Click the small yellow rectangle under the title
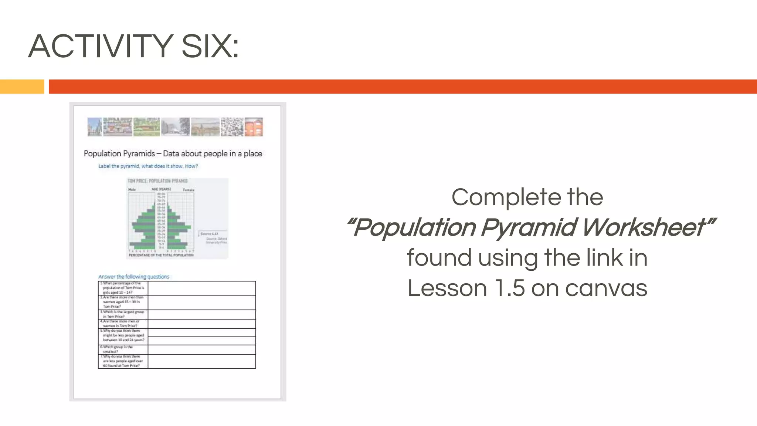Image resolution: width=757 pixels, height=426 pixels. pyautogui.click(x=22, y=87)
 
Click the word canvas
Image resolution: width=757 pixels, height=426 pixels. pyautogui.click(x=606, y=288)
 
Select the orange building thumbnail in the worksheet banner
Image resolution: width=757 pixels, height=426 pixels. pyautogui.click(x=254, y=127)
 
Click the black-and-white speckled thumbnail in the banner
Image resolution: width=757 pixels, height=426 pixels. pyautogui.click(x=232, y=127)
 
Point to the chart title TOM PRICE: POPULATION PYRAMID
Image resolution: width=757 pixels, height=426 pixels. pyautogui.click(x=157, y=181)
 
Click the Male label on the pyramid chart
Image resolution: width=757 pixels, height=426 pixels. pyautogui.click(x=132, y=190)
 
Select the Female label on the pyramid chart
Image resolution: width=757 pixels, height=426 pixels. pyautogui.click(x=189, y=190)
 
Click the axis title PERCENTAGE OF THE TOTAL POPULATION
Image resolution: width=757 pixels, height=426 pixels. pyautogui.click(x=161, y=255)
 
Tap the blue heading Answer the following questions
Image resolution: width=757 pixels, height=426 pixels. pyautogui.click(x=133, y=277)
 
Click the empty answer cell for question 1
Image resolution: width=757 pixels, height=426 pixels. pyautogui.click(x=201, y=288)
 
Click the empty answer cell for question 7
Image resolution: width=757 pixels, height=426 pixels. pyautogui.click(x=201, y=361)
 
